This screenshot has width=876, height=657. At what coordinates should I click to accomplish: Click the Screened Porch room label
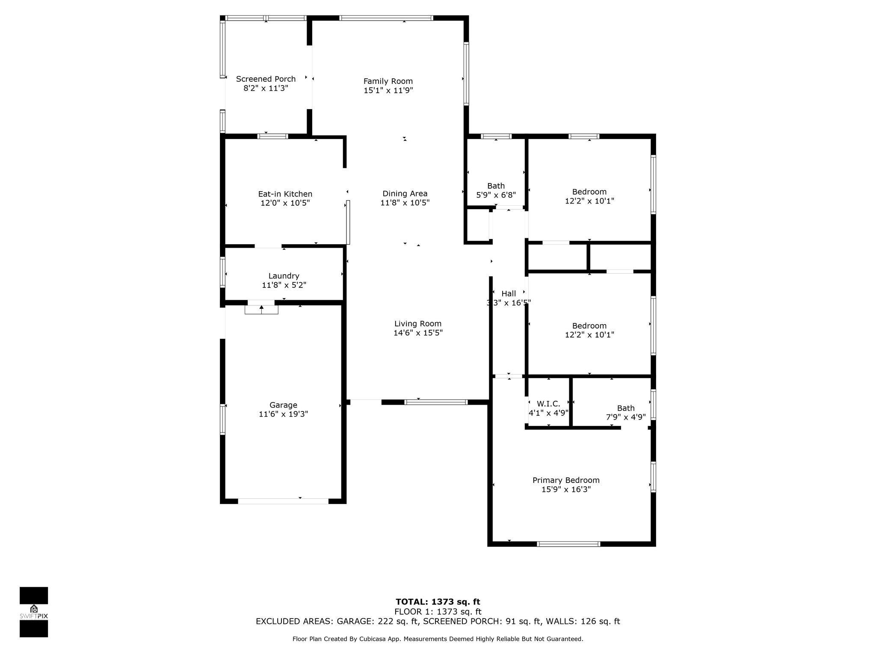point(266,79)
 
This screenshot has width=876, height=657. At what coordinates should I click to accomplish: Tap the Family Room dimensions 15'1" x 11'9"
point(388,90)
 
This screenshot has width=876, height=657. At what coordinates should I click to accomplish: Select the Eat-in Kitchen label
point(285,194)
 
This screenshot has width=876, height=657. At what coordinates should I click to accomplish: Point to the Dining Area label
point(405,194)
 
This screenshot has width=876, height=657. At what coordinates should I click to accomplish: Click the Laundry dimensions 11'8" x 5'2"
point(284,285)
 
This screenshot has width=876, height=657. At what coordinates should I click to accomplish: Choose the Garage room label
point(283,405)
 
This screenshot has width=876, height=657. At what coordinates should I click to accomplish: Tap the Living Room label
point(418,324)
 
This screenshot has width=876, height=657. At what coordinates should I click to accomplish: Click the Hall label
point(509,293)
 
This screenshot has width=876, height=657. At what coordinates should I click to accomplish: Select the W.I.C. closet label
point(548,404)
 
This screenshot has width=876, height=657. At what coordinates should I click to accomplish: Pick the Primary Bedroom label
point(566,480)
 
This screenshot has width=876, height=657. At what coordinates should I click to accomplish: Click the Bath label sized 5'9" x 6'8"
point(496,186)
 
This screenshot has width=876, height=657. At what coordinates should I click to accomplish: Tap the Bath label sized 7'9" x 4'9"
point(626,408)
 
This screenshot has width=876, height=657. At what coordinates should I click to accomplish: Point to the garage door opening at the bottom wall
point(283,501)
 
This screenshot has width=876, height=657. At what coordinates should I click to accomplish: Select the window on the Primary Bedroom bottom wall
point(568,544)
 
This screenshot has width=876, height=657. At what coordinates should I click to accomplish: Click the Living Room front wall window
point(436,402)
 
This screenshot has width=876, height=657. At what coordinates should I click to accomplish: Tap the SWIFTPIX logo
point(34,612)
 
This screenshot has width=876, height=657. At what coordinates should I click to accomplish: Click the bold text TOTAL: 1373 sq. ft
point(438,602)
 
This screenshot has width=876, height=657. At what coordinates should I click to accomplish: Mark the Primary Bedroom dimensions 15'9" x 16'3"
point(566,489)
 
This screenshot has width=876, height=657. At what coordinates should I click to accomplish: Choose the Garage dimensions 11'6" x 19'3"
point(283,414)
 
